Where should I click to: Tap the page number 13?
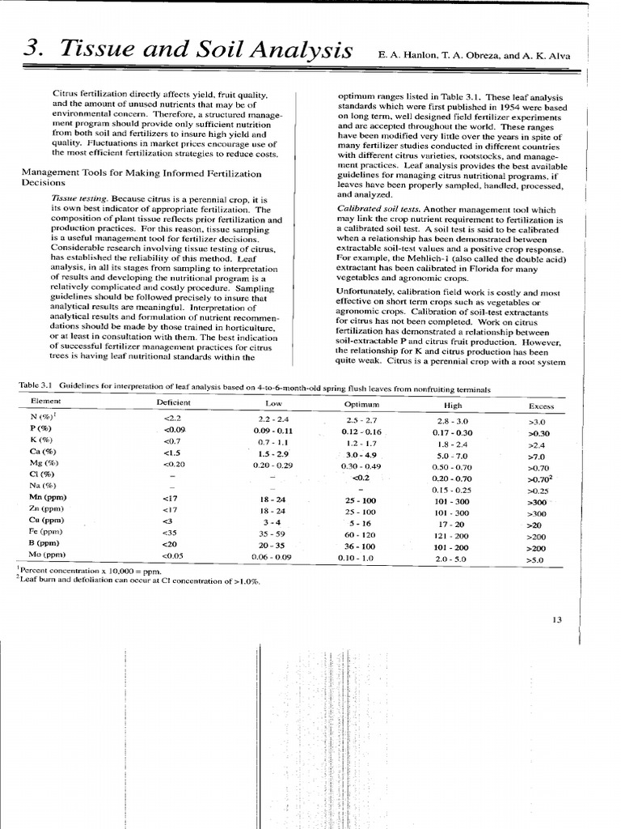click(556, 620)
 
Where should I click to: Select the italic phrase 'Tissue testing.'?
click(79, 198)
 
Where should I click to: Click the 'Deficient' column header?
click(174, 402)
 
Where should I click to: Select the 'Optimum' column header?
click(361, 403)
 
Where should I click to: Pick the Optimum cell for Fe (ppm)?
click(360, 535)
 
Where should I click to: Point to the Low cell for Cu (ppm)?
click(268, 522)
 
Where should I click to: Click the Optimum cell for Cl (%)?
click(360, 478)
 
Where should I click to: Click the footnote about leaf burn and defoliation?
click(137, 580)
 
